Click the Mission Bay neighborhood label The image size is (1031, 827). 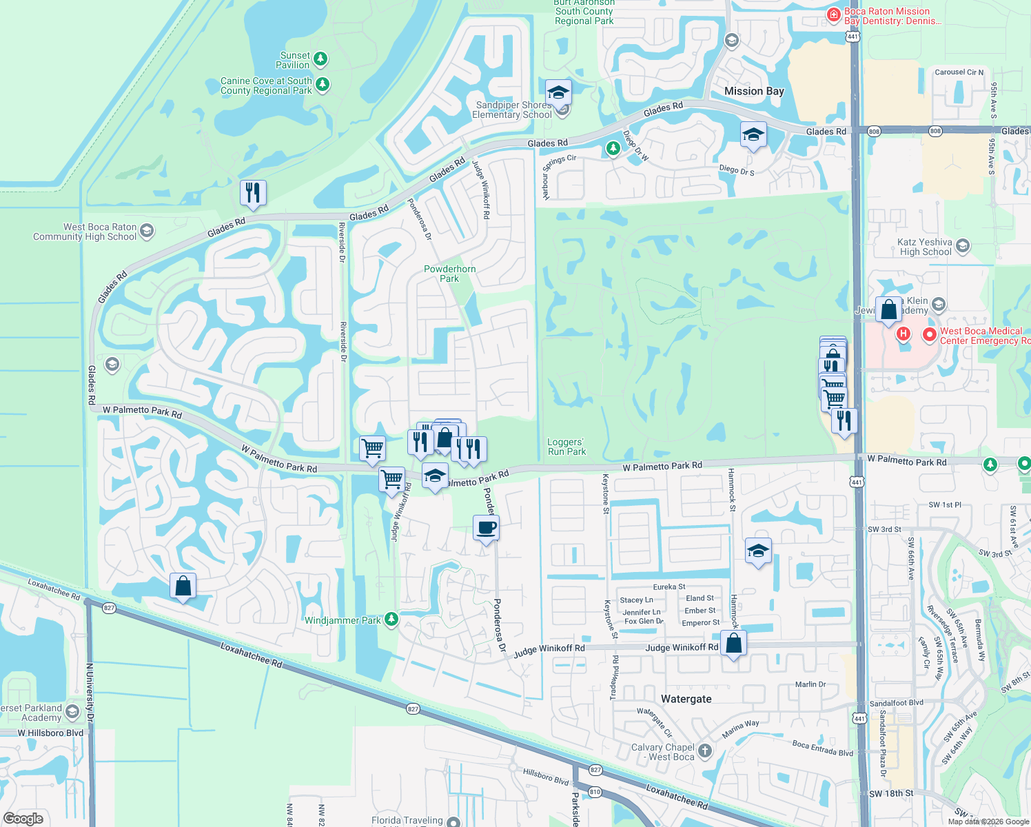[754, 91]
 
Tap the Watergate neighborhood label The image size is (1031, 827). [686, 699]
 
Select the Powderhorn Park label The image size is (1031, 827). [449, 274]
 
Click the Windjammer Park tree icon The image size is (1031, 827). [391, 620]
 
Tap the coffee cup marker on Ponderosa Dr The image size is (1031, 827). [487, 528]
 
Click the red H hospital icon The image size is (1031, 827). [903, 334]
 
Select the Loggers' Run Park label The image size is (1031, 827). [566, 447]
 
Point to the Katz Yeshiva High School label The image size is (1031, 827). [924, 247]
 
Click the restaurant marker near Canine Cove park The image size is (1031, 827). [253, 192]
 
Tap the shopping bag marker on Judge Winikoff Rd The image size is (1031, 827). [734, 644]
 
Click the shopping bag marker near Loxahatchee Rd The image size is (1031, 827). [183, 586]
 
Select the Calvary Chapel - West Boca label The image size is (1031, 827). [663, 752]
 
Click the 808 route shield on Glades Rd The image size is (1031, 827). [875, 131]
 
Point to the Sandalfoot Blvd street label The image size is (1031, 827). [896, 703]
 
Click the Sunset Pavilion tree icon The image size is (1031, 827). [320, 59]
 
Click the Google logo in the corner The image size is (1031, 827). [23, 819]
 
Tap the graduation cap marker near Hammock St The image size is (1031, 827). [758, 551]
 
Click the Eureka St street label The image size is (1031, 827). [668, 587]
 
